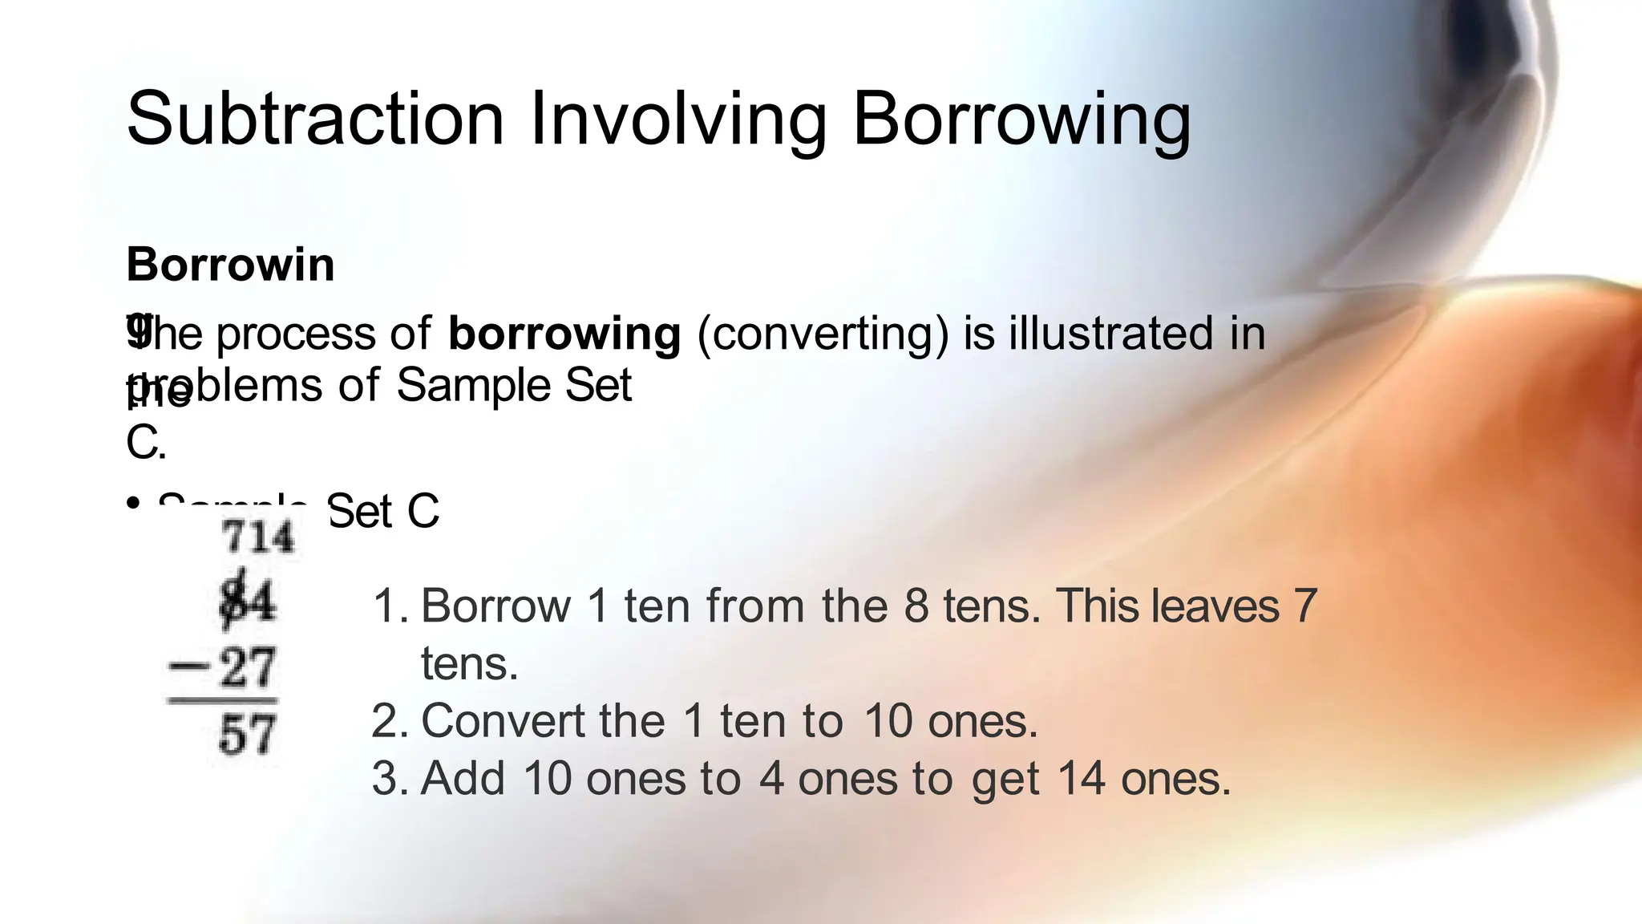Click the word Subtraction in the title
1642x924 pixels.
pos(315,120)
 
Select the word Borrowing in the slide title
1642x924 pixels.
pos(1021,120)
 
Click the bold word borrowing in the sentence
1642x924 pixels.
pos(564,334)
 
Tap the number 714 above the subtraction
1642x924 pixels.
pos(258,537)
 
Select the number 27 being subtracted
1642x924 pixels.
pos(248,667)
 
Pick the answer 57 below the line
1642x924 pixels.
pos(248,734)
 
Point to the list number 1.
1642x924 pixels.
pos(390,606)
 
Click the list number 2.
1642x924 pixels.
pos(390,720)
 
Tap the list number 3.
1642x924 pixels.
pos(390,778)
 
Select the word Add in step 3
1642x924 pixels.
pos(463,778)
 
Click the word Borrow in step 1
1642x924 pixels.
pos(495,606)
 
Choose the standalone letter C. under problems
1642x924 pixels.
pos(145,442)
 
